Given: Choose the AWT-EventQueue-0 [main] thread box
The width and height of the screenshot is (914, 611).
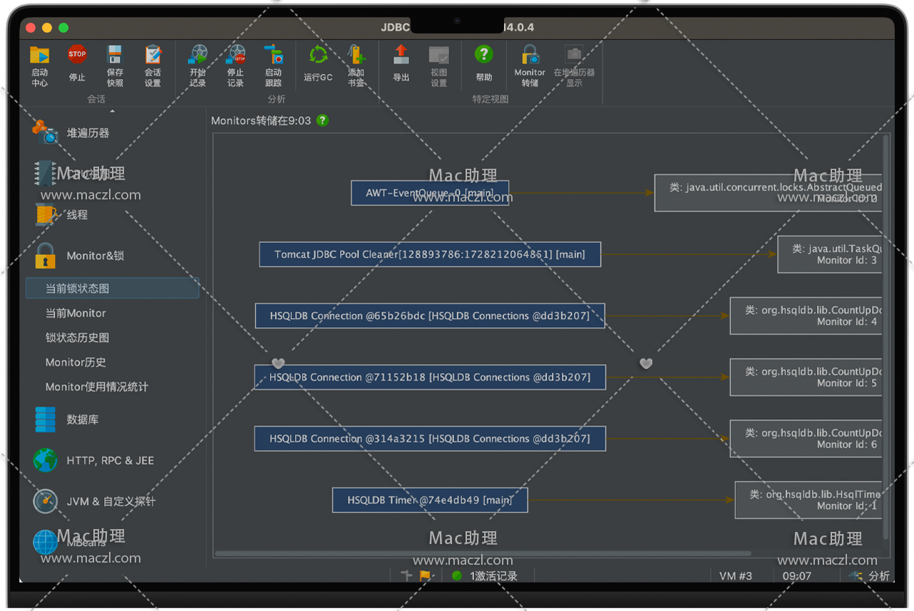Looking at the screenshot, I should [430, 193].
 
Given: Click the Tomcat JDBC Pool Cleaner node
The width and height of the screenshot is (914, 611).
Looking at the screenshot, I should [430, 254].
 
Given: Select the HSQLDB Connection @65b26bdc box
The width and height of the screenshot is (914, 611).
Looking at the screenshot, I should [430, 316].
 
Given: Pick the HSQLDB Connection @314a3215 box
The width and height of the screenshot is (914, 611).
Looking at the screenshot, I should [430, 439].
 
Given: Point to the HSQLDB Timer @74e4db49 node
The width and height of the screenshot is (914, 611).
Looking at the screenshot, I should [430, 500].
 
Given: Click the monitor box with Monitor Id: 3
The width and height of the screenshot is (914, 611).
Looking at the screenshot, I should [830, 255].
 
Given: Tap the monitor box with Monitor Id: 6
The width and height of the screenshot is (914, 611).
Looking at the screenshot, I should [806, 439].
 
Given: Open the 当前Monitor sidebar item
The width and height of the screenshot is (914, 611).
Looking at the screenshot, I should [76, 313].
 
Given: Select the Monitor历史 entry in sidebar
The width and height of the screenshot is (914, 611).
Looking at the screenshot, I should [76, 362].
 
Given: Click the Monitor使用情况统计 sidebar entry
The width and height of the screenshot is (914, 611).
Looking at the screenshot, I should [97, 387].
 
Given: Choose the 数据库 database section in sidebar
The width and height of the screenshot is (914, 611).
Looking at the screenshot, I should [82, 419].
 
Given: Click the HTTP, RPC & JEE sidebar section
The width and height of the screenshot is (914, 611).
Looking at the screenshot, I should [110, 461].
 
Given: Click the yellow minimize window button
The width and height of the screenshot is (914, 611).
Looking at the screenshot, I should [47, 28].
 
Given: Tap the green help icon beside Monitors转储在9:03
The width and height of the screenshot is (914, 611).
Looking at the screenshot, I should [322, 120].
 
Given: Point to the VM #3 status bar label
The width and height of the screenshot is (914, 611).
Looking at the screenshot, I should [736, 576].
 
